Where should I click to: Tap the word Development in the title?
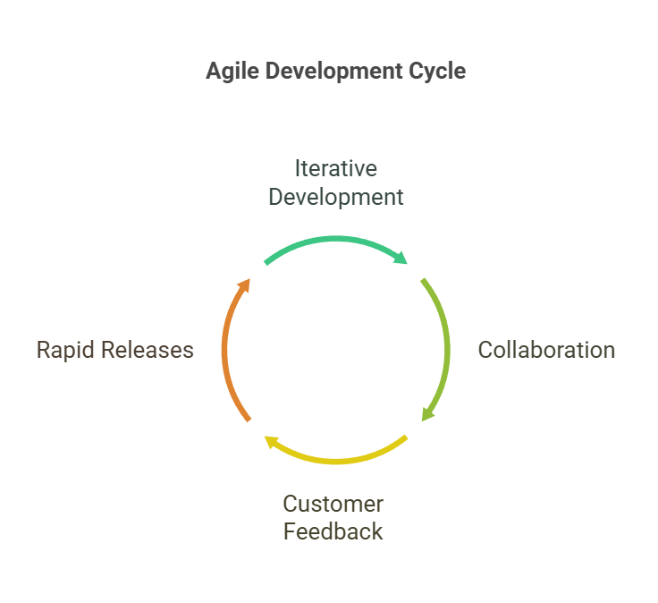coord(334,71)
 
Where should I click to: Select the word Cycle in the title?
coord(437,72)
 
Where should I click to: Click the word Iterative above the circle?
coord(336,168)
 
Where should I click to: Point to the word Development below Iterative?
coord(336,197)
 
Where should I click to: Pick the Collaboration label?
coord(546,350)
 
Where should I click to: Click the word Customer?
coord(333,504)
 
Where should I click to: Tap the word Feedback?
coord(333,531)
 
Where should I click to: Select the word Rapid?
coord(65,350)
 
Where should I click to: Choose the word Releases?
coord(147,350)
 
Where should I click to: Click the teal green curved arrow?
coord(336,239)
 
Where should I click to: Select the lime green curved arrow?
coord(447,350)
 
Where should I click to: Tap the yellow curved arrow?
coord(336,461)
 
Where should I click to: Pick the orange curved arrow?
coord(224,350)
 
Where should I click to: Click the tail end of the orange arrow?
coord(249,420)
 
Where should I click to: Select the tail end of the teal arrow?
coord(266,263)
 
